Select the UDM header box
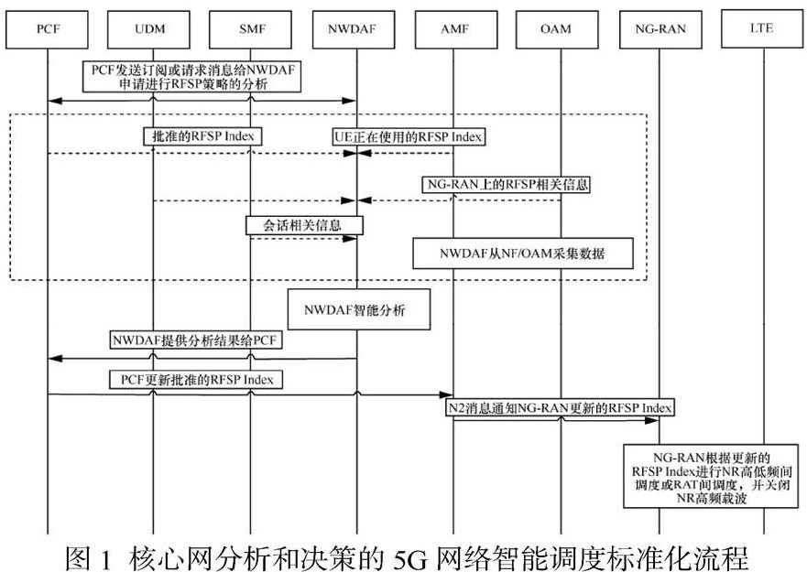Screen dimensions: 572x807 152,28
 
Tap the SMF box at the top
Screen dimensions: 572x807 250,28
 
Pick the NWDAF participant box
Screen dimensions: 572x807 356,28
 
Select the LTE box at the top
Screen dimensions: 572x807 761,28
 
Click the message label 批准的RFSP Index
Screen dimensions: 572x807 202,136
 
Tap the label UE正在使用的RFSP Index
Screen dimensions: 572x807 408,136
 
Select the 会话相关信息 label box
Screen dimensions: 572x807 304,223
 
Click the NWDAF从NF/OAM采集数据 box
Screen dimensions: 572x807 522,254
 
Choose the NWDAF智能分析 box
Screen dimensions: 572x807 360,310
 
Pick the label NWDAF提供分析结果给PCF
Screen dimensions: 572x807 197,341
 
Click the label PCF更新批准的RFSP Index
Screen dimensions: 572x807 195,378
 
